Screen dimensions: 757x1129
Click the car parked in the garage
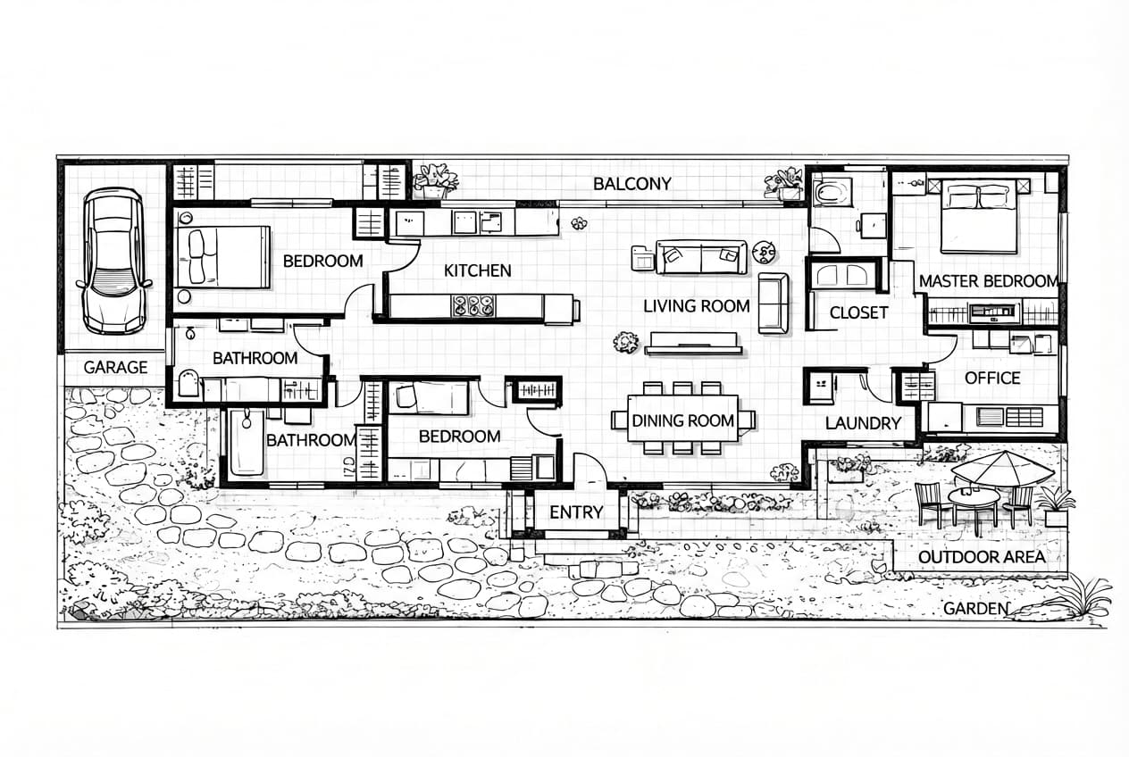click(113, 260)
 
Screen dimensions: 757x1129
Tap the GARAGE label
click(115, 367)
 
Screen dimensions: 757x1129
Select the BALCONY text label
click(631, 184)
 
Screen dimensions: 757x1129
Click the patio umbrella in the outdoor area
click(1002, 466)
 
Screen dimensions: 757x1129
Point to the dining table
click(683, 419)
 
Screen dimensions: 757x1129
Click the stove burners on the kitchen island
click(473, 306)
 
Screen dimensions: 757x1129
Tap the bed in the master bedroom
click(978, 217)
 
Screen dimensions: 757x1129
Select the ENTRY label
click(576, 512)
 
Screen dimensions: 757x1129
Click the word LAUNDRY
click(863, 423)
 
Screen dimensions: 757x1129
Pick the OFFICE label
click(991, 378)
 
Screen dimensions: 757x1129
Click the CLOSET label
click(858, 312)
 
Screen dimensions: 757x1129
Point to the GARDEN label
click(975, 609)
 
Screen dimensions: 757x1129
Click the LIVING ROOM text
click(697, 306)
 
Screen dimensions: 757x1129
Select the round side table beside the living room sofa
click(764, 252)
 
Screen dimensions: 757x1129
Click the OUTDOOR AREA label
click(981, 557)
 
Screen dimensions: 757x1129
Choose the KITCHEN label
click(477, 270)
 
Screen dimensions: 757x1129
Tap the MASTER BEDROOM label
click(988, 281)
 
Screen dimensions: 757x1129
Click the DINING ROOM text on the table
click(683, 420)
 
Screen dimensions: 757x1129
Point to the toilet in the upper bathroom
click(189, 384)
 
